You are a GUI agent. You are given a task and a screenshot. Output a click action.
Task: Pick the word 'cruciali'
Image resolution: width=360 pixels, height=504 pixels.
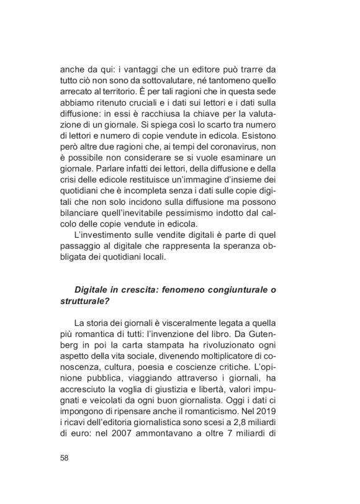click(158, 105)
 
